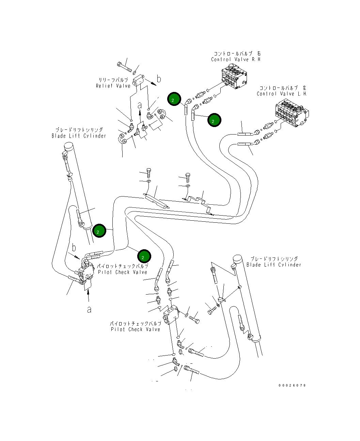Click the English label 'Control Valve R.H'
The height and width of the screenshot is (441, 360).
point(235,60)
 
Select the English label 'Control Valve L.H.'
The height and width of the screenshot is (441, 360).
point(282,94)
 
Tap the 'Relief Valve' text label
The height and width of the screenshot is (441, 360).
point(113,86)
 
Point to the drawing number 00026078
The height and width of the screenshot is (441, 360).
point(292,385)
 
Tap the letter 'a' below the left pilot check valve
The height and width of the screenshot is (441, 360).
point(89,310)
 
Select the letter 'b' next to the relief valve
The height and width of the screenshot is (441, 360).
point(159,79)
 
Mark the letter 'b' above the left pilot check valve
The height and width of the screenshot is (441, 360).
point(74,248)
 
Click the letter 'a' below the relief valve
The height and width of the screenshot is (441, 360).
point(139,106)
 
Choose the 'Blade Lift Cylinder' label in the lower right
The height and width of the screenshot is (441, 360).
point(273,265)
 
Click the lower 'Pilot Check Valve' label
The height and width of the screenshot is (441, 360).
point(135,330)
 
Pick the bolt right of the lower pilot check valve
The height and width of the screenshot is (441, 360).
point(194,319)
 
